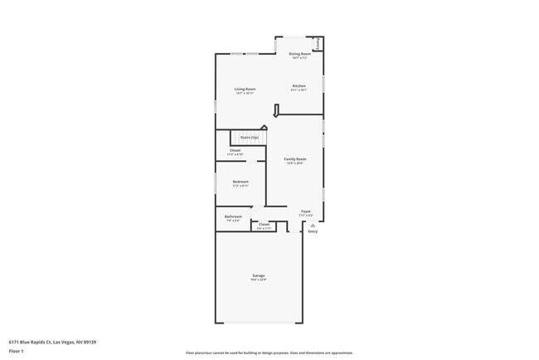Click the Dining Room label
pyautogui.click(x=299, y=54)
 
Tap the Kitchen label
pyautogui.click(x=299, y=85)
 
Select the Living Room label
pyautogui.click(x=245, y=89)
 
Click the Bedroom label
pyautogui.click(x=240, y=181)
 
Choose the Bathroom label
pyautogui.click(x=233, y=216)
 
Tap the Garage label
pyautogui.click(x=259, y=275)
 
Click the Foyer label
pyautogui.click(x=305, y=212)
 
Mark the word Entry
pyautogui.click(x=313, y=231)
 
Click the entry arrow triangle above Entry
pyautogui.click(x=313, y=225)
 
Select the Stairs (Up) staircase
pyautogui.click(x=249, y=137)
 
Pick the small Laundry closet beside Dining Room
pyautogui.click(x=318, y=43)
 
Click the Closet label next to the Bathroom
pyautogui.click(x=264, y=224)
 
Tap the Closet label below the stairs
pyautogui.click(x=236, y=150)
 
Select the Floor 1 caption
pyautogui.click(x=17, y=351)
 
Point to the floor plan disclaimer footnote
pyautogui.click(x=269, y=353)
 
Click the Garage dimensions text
pyautogui.click(x=259, y=280)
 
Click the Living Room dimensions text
pyautogui.click(x=245, y=94)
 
